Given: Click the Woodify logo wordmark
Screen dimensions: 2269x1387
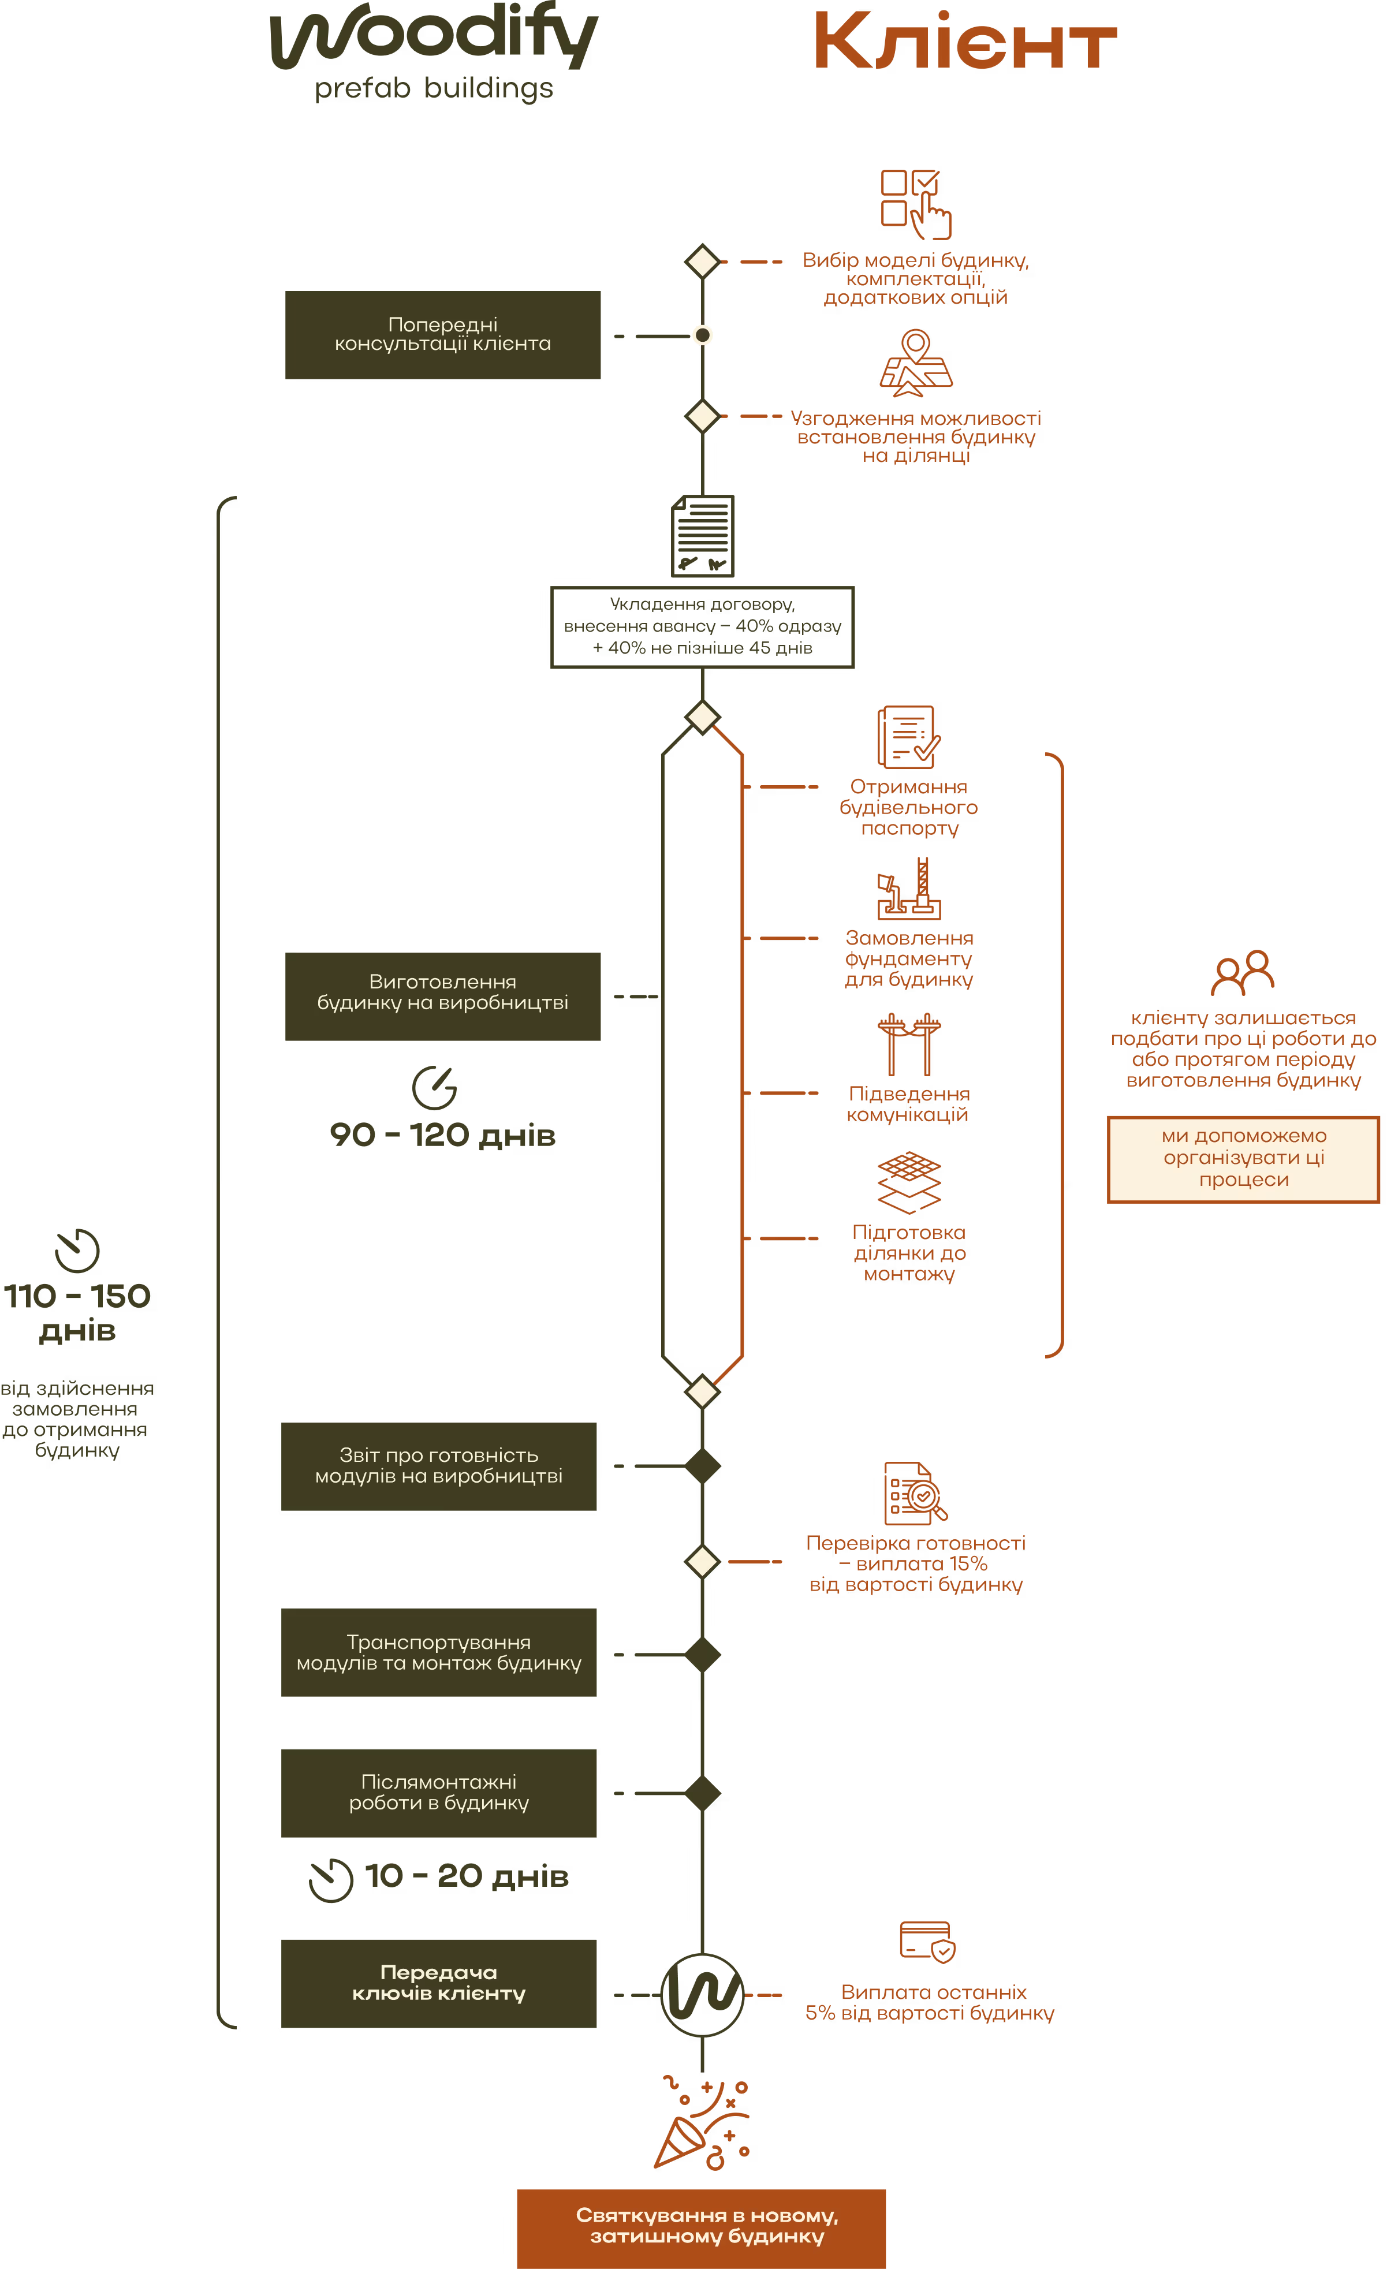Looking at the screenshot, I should click(x=434, y=39).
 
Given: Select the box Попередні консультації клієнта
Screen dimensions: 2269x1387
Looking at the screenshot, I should click(x=442, y=334).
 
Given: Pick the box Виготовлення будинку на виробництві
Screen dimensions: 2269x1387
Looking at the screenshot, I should click(x=442, y=997).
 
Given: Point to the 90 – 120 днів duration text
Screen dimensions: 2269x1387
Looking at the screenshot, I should click(x=442, y=1134).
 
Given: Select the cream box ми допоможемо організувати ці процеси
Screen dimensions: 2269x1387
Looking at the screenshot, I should click(x=1243, y=1158).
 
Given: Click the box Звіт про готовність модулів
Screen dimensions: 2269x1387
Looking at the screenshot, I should click(x=438, y=1465).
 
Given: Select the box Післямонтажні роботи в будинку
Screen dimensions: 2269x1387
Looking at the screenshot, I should click(x=438, y=1792).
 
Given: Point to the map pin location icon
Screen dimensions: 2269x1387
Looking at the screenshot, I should click(x=915, y=363).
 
